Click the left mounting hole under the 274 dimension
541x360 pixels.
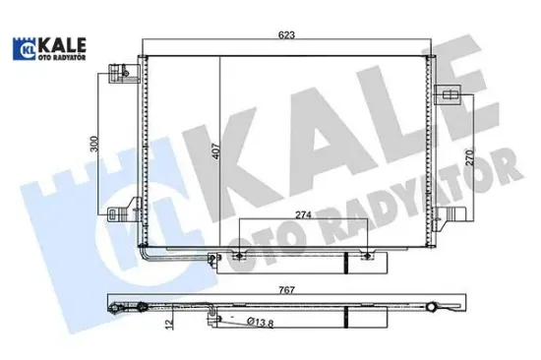[237, 258]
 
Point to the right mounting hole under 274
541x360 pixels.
[368, 258]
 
